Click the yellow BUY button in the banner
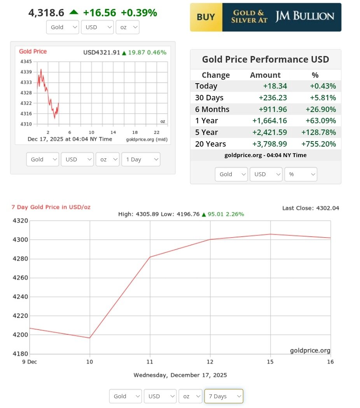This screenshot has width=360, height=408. click(206, 17)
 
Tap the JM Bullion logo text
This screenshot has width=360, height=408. click(305, 17)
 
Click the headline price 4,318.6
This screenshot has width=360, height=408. click(46, 13)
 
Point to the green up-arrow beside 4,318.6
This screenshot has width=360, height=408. click(74, 12)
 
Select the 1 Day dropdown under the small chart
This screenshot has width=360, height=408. click(141, 159)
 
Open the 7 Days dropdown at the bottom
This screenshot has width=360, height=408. click(224, 396)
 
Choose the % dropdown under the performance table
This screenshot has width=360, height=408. click(301, 174)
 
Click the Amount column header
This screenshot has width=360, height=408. click(265, 75)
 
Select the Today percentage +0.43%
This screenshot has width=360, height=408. click(323, 86)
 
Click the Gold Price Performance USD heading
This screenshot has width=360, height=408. click(266, 60)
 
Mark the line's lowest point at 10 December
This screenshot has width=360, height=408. click(90, 338)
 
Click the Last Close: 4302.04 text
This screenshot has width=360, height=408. click(310, 208)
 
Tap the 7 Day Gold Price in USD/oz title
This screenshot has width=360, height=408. click(51, 207)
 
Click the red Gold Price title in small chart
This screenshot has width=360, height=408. click(33, 51)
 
